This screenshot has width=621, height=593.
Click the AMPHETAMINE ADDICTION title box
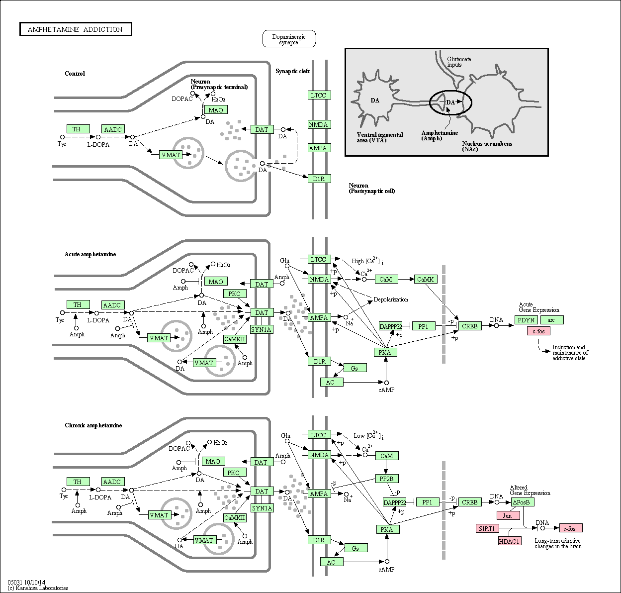click(x=76, y=29)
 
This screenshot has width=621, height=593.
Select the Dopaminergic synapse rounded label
click(x=289, y=39)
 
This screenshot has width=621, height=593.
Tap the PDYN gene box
click(x=526, y=320)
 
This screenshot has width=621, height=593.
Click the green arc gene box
click(x=552, y=320)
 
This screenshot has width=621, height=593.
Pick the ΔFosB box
click(x=523, y=502)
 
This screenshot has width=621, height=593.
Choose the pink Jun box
click(x=508, y=515)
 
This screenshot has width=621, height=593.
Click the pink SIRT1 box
click(x=487, y=528)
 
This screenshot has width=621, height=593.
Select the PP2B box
click(x=387, y=479)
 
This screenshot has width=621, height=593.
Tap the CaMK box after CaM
click(x=426, y=279)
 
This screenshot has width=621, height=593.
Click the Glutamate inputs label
click(x=458, y=62)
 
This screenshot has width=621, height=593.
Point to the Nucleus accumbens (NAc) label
click(x=487, y=146)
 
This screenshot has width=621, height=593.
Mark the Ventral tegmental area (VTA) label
click(x=380, y=137)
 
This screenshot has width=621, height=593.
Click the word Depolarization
click(x=391, y=299)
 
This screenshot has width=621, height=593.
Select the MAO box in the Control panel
click(x=216, y=110)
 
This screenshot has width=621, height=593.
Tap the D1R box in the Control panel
click(x=319, y=179)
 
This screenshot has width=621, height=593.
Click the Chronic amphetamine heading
click(x=93, y=425)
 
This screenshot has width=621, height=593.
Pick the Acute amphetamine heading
click(x=90, y=254)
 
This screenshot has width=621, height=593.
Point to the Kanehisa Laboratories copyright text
click(x=38, y=588)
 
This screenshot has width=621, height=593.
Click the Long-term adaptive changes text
click(x=558, y=543)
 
